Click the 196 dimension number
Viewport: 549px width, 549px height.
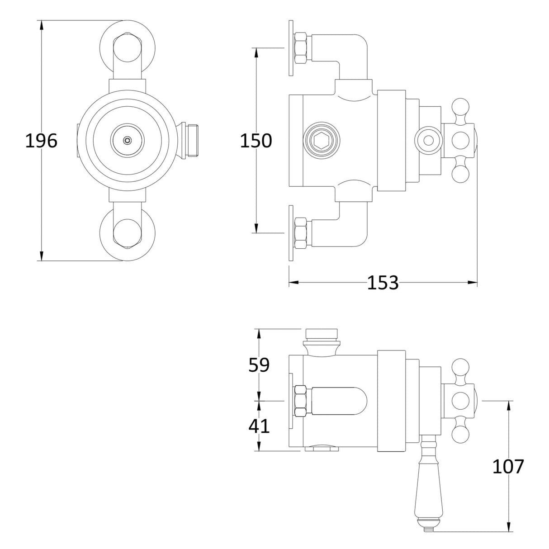tap(41, 141)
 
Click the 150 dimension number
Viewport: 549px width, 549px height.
tap(256, 141)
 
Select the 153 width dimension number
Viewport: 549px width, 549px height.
tap(383, 283)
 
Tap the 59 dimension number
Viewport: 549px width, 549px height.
tap(259, 365)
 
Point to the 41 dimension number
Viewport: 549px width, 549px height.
tap(259, 426)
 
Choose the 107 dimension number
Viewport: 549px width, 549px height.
tap(508, 466)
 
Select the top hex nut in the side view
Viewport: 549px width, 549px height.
tap(302, 47)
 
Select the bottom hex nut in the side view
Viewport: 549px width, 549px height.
tap(302, 233)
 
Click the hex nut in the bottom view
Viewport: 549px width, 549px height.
tap(302, 401)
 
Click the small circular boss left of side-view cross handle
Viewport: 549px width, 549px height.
tap(427, 140)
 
